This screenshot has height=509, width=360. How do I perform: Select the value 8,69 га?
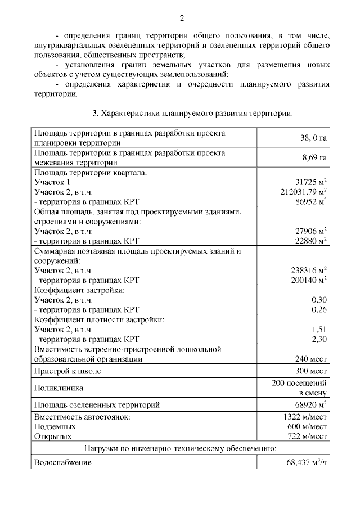click(x=314, y=157)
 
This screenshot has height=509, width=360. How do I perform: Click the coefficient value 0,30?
click(x=319, y=300)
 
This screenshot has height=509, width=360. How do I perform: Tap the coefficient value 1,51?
click(x=319, y=330)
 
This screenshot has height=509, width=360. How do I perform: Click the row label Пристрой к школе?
click(x=67, y=371)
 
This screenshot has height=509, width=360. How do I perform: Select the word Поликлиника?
click(x=58, y=388)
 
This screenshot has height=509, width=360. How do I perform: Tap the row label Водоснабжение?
click(x=62, y=463)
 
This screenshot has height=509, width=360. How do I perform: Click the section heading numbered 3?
click(x=192, y=114)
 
